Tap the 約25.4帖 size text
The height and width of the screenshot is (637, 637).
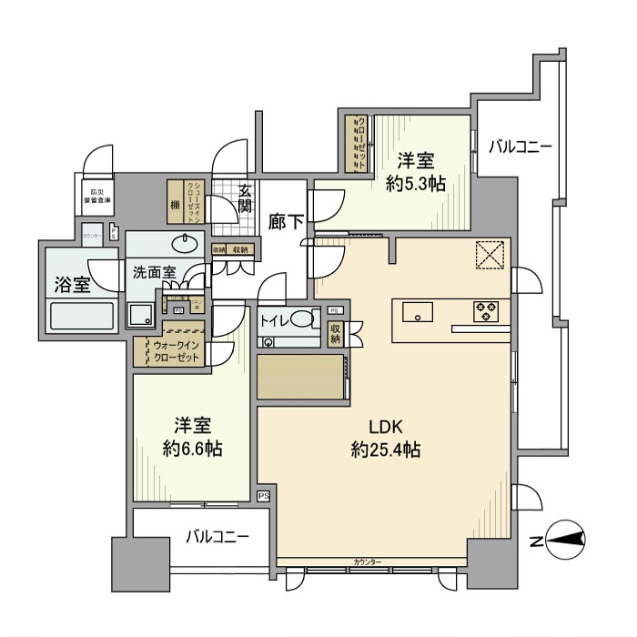(x=386, y=449)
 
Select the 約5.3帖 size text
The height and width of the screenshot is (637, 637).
(x=414, y=184)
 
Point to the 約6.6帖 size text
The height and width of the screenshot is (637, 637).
(x=194, y=449)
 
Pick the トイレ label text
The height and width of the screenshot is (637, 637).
(x=276, y=320)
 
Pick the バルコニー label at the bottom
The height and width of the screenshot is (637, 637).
(x=217, y=537)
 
